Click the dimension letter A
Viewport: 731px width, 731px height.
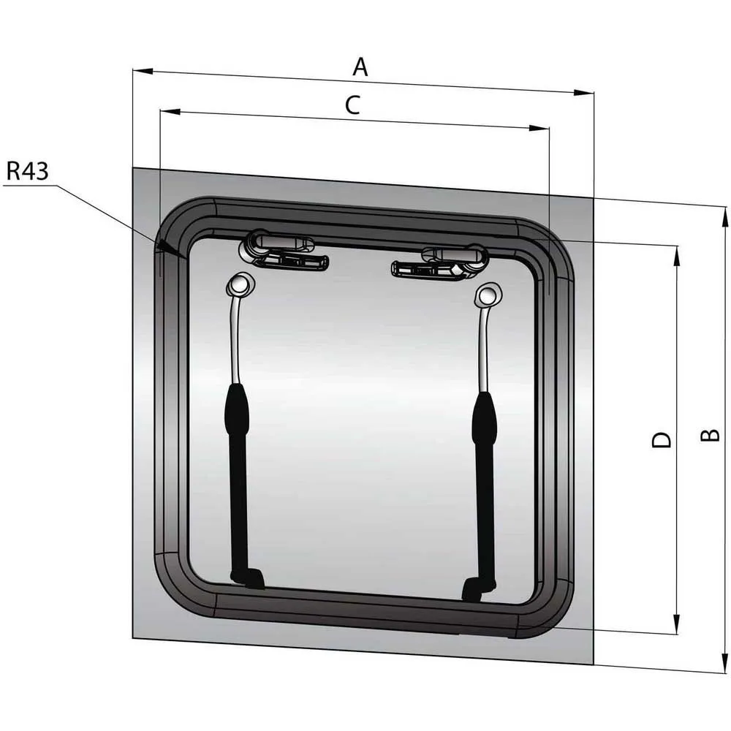[x=360, y=67]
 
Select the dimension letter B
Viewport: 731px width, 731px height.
[x=711, y=434]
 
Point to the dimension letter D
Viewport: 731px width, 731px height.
[x=661, y=440]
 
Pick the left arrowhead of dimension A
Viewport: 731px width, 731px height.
[x=143, y=71]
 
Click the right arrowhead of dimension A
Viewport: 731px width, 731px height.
[x=583, y=93]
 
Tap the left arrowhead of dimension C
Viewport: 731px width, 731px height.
[x=170, y=112]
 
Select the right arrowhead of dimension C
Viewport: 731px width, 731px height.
[x=539, y=128]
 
